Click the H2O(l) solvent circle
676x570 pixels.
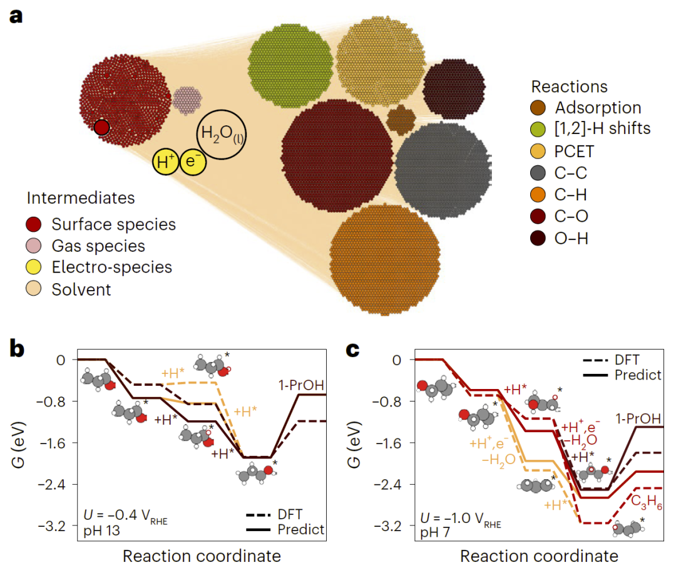(x=221, y=134)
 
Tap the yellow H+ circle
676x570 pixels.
(x=166, y=162)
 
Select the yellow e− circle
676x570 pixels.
(x=193, y=162)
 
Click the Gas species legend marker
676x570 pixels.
(x=34, y=246)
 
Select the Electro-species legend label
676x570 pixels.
(x=111, y=267)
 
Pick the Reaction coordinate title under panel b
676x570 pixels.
(x=201, y=556)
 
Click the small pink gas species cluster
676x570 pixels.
(x=187, y=100)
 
